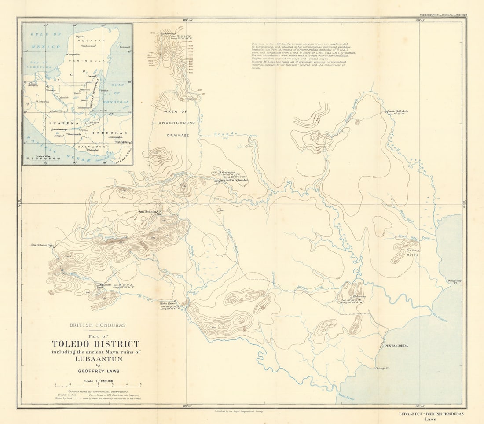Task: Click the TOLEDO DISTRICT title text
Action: [x=95, y=344]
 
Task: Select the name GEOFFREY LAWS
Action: [x=95, y=371]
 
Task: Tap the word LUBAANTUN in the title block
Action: [x=95, y=358]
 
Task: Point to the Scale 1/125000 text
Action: [x=95, y=381]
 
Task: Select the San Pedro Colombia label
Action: [x=234, y=180]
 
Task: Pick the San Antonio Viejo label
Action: [x=42, y=245]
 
